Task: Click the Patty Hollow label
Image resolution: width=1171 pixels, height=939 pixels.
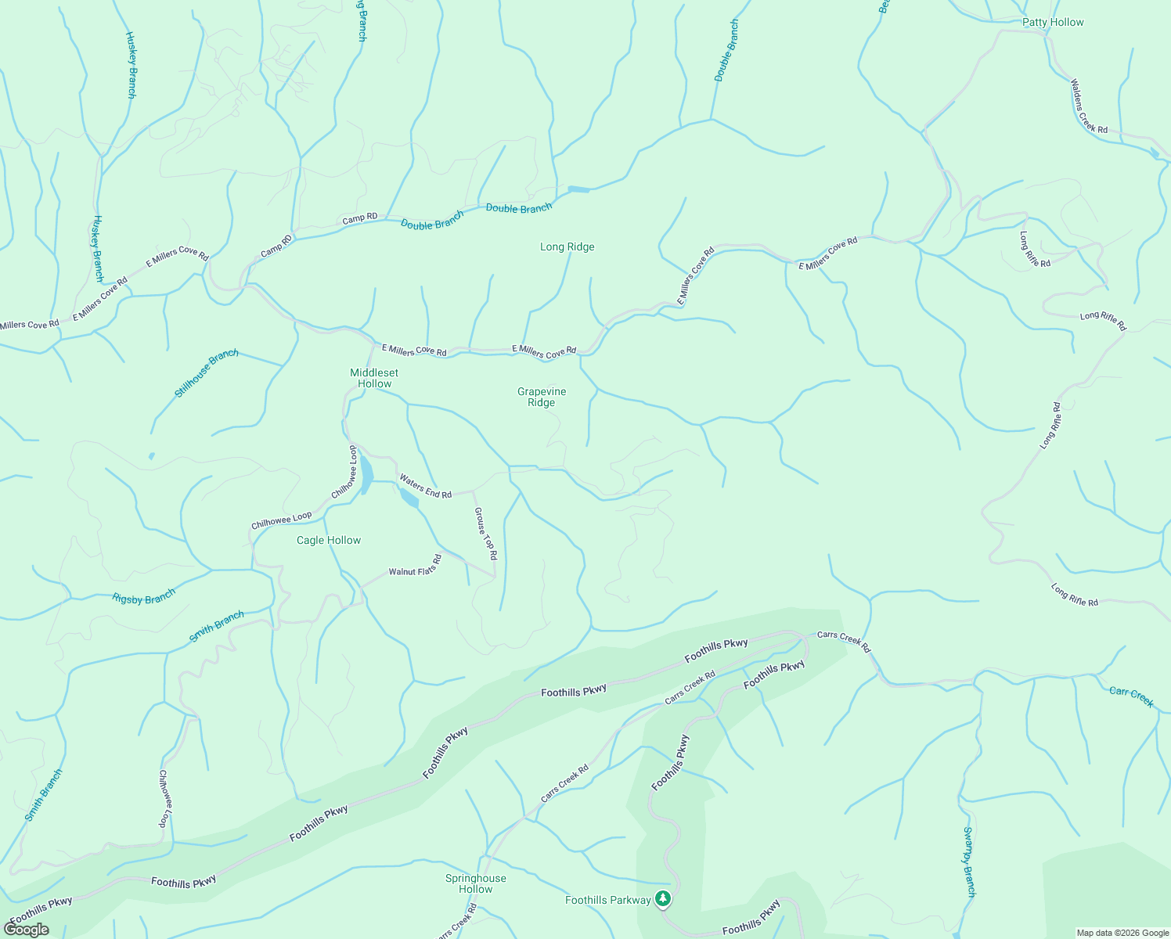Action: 1053,22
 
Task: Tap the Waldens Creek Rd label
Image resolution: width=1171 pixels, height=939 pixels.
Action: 1089,106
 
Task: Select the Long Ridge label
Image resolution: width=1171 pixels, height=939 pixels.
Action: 567,246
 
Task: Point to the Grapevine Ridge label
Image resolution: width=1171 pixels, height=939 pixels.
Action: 541,397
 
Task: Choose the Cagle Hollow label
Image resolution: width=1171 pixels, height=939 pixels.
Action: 329,540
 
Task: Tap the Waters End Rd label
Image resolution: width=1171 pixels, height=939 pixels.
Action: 425,486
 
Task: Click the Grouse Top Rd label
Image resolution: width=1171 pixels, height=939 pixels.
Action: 485,534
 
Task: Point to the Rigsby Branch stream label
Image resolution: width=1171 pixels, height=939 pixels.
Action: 144,598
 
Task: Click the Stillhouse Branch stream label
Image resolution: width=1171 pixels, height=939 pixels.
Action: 207,373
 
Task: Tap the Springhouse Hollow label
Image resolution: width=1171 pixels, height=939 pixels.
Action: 475,883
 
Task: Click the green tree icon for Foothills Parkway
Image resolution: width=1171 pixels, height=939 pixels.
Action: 663,899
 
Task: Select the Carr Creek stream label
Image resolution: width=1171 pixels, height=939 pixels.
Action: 1131,696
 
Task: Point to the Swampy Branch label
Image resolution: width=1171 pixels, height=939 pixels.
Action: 969,861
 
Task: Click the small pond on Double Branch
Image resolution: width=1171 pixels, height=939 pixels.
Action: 578,189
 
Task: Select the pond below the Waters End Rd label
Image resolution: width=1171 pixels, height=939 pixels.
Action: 409,498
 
